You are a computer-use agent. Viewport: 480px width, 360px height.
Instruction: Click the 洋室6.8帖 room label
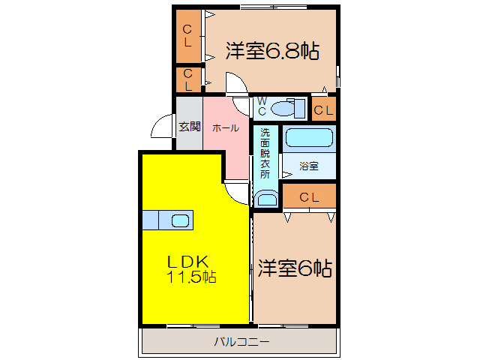pyautogui.click(x=272, y=52)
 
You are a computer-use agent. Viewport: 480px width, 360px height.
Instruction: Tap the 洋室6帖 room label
pyautogui.click(x=296, y=268)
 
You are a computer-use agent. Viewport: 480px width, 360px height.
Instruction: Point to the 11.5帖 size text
pyautogui.click(x=192, y=277)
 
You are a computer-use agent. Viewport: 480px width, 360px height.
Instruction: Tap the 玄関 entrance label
pyautogui.click(x=189, y=126)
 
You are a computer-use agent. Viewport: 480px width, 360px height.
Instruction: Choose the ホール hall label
pyautogui.click(x=226, y=128)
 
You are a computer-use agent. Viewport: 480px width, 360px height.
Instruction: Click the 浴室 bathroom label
pyautogui.click(x=309, y=166)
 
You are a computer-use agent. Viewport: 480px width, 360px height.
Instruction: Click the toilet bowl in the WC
pyautogui.click(x=284, y=109)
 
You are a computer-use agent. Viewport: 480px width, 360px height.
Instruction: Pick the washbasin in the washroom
pyautogui.click(x=266, y=199)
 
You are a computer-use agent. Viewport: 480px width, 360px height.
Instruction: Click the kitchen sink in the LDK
pyautogui.click(x=180, y=220)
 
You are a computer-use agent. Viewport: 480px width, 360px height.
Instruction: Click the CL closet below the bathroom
pyautogui.click(x=310, y=197)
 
